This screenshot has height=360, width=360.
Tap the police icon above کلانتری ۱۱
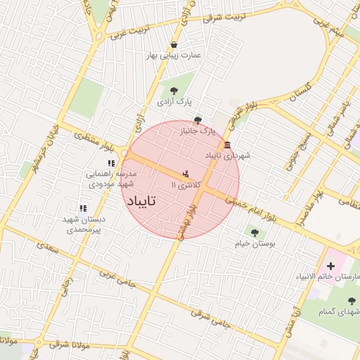(186, 172)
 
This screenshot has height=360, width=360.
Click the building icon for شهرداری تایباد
(227, 145)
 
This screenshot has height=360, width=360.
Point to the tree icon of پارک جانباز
(198, 120)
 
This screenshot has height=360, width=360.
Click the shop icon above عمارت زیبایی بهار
(174, 45)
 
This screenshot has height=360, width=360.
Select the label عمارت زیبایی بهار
(174, 56)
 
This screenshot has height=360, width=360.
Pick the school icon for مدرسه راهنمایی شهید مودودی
(110, 163)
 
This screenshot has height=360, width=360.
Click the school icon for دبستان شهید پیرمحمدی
(83, 208)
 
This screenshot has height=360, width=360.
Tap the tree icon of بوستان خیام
(254, 232)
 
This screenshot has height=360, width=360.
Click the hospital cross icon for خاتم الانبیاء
(330, 266)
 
